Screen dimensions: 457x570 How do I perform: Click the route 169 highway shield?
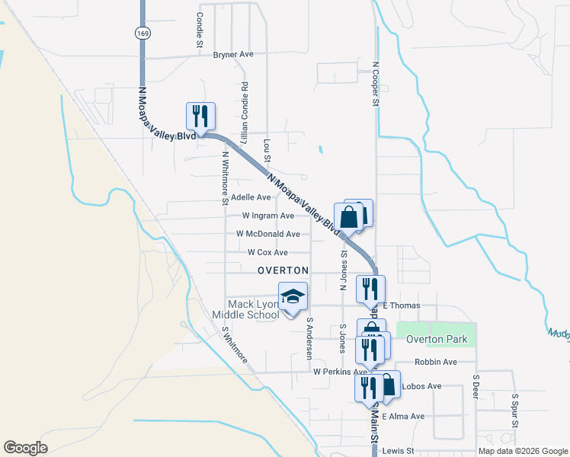pos(142,33)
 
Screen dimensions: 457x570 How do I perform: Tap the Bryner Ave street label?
pos(232,55)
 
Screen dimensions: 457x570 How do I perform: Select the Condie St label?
pos(199,30)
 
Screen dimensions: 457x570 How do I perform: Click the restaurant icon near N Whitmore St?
pos(200,116)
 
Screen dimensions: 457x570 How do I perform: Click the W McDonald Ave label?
pos(267,234)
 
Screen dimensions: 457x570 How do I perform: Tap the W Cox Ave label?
pos(267,252)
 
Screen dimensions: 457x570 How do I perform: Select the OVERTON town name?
pos(283,270)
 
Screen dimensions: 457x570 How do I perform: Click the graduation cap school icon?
pos(293,297)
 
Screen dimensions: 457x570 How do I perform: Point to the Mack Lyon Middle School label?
pos(255,309)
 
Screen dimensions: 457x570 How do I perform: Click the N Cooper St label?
pos(376,84)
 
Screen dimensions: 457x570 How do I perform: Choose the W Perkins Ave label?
pos(340,372)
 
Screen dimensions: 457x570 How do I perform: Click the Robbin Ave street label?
pos(435,362)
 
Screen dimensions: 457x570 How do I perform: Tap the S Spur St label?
pos(515,411)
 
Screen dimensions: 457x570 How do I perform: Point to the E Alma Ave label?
pos(403,417)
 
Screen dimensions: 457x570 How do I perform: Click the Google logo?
pos(26,448)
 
